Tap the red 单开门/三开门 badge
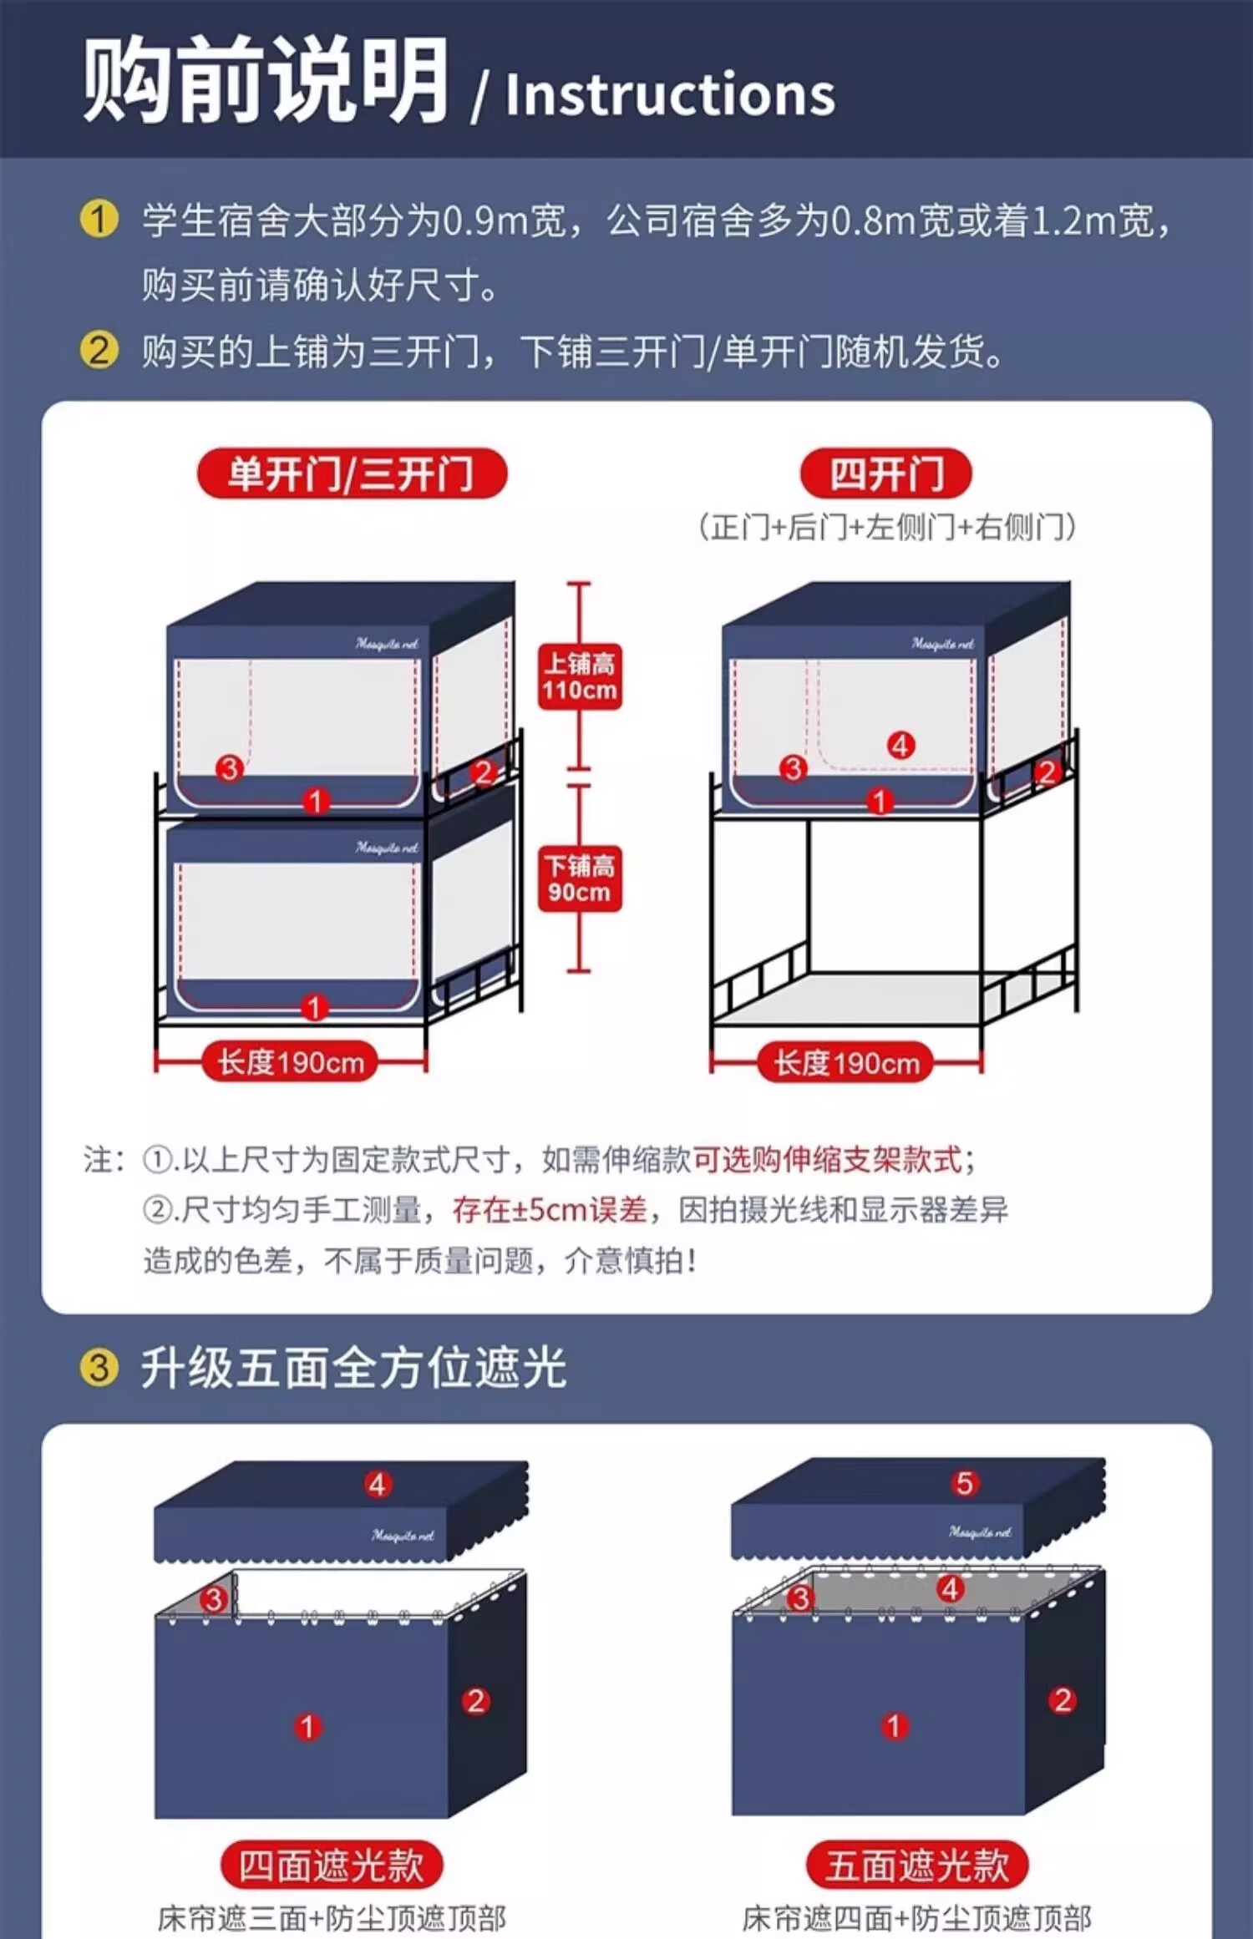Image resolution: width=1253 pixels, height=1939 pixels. tap(352, 473)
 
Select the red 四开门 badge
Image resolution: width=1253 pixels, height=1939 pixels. tap(886, 473)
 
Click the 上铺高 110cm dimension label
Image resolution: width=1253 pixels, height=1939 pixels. tap(580, 676)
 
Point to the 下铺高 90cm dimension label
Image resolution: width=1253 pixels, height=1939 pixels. tap(580, 878)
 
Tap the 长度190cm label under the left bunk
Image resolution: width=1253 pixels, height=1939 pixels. tap(291, 1062)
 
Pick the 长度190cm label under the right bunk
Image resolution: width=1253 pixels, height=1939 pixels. tap(846, 1062)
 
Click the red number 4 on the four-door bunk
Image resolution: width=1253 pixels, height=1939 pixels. tap(900, 745)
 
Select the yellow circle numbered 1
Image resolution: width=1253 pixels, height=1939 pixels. tap(99, 220)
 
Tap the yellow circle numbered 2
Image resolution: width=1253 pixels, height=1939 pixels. tap(99, 351)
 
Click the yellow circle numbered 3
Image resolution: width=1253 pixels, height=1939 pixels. tap(99, 1368)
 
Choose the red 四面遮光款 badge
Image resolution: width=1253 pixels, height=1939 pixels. tap(331, 1866)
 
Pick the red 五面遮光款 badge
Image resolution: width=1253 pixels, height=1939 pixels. tap(917, 1866)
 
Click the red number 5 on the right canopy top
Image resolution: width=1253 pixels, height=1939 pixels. tap(965, 1483)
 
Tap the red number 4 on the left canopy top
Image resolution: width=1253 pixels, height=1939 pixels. tap(377, 1484)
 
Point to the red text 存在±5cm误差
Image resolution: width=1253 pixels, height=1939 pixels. tap(550, 1209)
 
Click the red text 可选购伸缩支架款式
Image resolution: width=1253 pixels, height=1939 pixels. tap(827, 1159)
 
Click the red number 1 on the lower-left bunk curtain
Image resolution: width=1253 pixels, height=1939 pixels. tap(314, 1007)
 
